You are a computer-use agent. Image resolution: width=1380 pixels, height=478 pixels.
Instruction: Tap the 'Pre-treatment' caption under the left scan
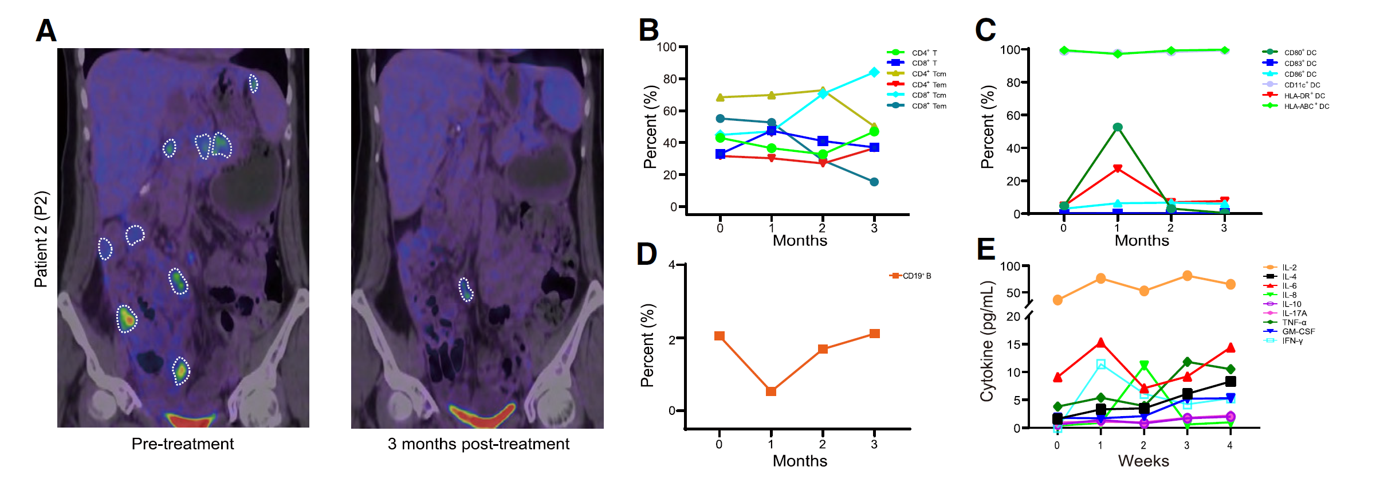(183, 444)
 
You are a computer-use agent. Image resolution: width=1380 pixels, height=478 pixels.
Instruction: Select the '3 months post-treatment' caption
(478, 444)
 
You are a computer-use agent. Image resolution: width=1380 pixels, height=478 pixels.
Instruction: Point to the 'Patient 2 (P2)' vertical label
(41, 239)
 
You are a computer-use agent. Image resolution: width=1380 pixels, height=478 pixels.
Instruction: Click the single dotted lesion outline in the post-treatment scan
(466, 289)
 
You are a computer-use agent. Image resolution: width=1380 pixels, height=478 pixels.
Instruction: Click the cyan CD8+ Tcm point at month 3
(874, 72)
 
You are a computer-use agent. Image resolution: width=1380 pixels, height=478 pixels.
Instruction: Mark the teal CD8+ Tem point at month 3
(874, 182)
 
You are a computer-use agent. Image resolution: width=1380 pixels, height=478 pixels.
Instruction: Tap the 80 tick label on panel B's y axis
(670, 79)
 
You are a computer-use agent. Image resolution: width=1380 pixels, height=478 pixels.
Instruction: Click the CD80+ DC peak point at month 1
(1118, 127)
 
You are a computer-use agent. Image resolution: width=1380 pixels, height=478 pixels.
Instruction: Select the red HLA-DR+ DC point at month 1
(1118, 169)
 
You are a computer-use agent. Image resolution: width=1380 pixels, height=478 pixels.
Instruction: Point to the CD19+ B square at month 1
(771, 391)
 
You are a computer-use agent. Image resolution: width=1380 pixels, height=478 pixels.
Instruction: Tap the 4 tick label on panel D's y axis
(671, 265)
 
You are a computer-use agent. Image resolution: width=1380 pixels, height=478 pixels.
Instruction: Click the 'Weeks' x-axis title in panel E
(1143, 461)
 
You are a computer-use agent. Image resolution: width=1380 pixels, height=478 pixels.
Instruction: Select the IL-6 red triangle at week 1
(1100, 343)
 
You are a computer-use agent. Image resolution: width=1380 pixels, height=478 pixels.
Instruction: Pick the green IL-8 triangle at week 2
(1144, 366)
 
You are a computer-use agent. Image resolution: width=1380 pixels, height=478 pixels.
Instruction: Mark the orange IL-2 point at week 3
(1187, 276)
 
